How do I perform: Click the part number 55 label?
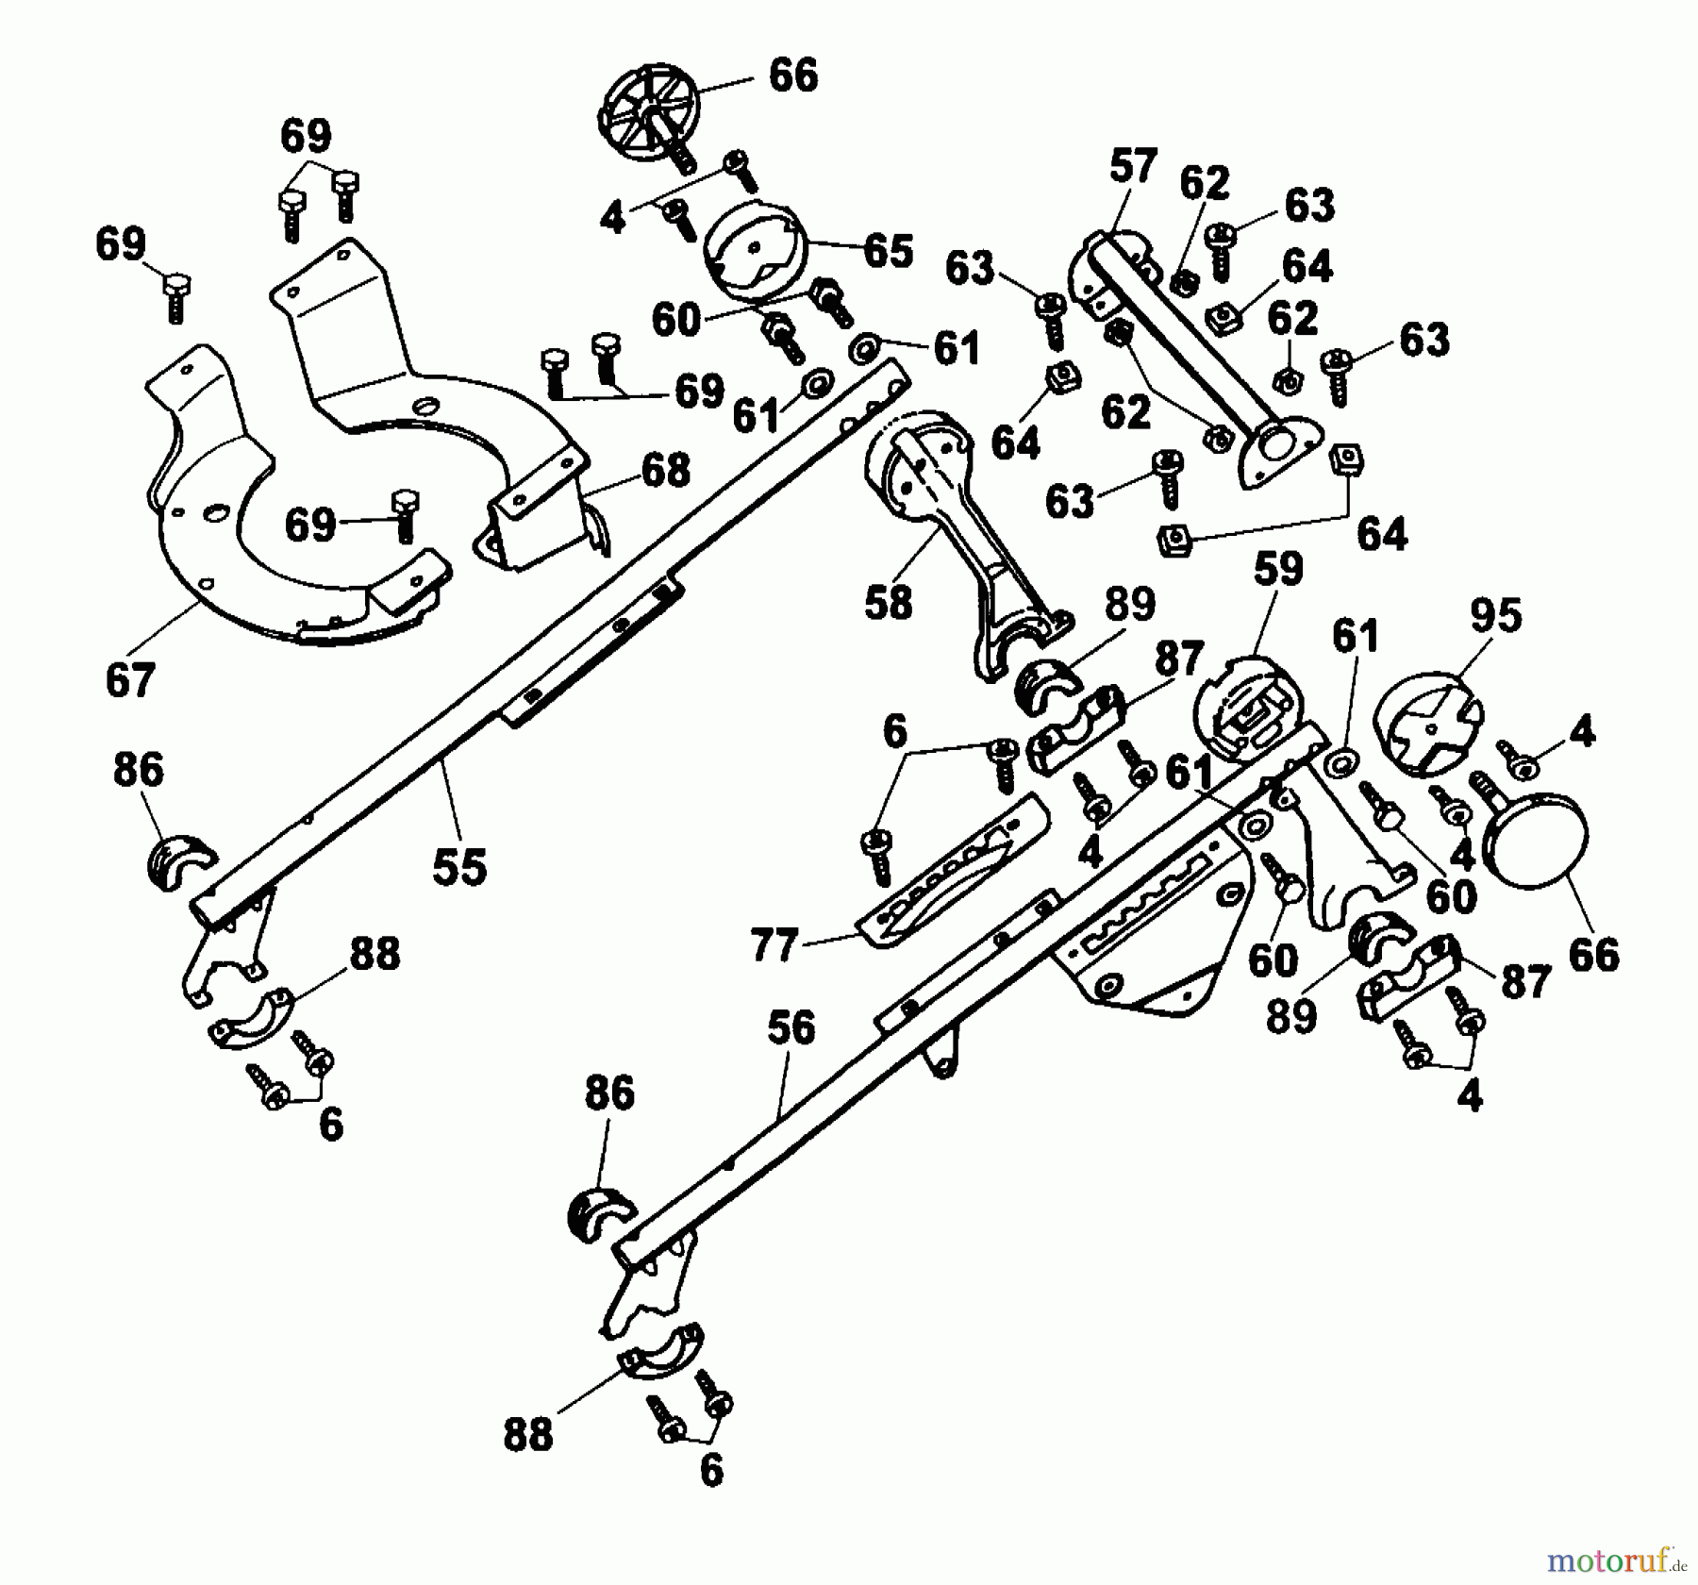pos(459,866)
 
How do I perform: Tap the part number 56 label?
pos(791,1028)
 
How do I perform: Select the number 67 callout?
pos(129,679)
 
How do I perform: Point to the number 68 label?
pos(666,470)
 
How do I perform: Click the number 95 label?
pos(1496,616)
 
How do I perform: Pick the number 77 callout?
pos(774,944)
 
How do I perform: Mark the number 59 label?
pos(1278,569)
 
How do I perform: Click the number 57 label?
pos(1132,167)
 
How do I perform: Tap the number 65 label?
pos(888,251)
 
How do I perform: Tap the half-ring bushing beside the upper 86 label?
pos(175,859)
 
